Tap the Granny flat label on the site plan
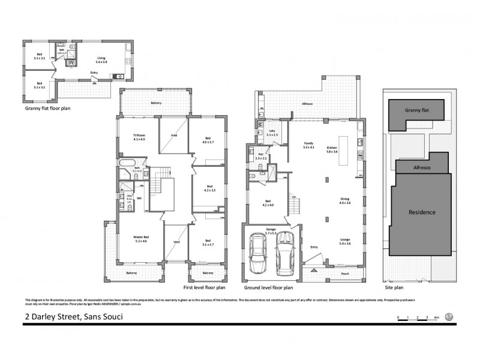[x=416, y=110]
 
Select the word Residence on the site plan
[x=422, y=212]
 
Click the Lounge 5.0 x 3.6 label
[x=346, y=242]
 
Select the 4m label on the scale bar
[x=436, y=317]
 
